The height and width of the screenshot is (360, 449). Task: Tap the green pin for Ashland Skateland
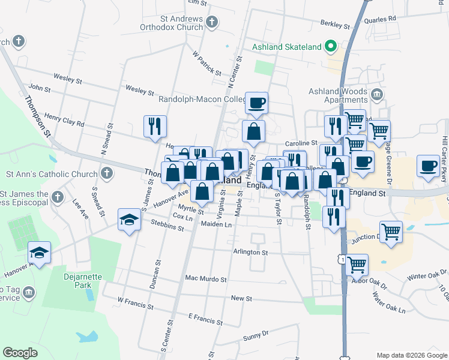point(330,46)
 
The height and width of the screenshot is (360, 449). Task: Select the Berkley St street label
point(335,25)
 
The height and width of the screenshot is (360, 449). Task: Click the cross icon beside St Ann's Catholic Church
point(106,175)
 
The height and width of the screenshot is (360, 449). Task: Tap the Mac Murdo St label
point(206,279)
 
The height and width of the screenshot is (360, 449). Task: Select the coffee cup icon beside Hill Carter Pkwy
point(429,166)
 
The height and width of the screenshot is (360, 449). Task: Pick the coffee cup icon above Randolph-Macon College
point(256,103)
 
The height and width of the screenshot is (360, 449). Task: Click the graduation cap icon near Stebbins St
point(129,220)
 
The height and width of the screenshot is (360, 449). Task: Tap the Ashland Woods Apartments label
point(337,95)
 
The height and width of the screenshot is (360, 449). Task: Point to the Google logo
point(20,353)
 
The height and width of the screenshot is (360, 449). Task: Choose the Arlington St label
point(251,253)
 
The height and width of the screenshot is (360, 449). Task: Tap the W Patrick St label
point(207,62)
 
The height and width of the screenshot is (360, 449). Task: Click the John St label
point(39,88)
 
